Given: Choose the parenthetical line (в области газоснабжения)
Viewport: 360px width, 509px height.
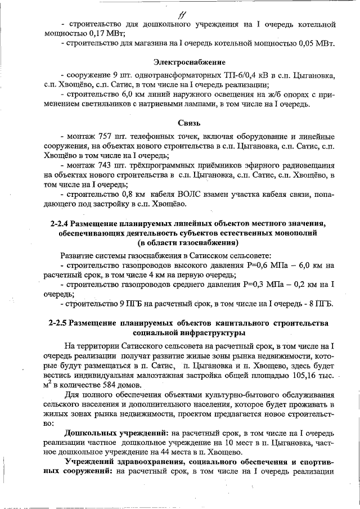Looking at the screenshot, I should tap(188, 243).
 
